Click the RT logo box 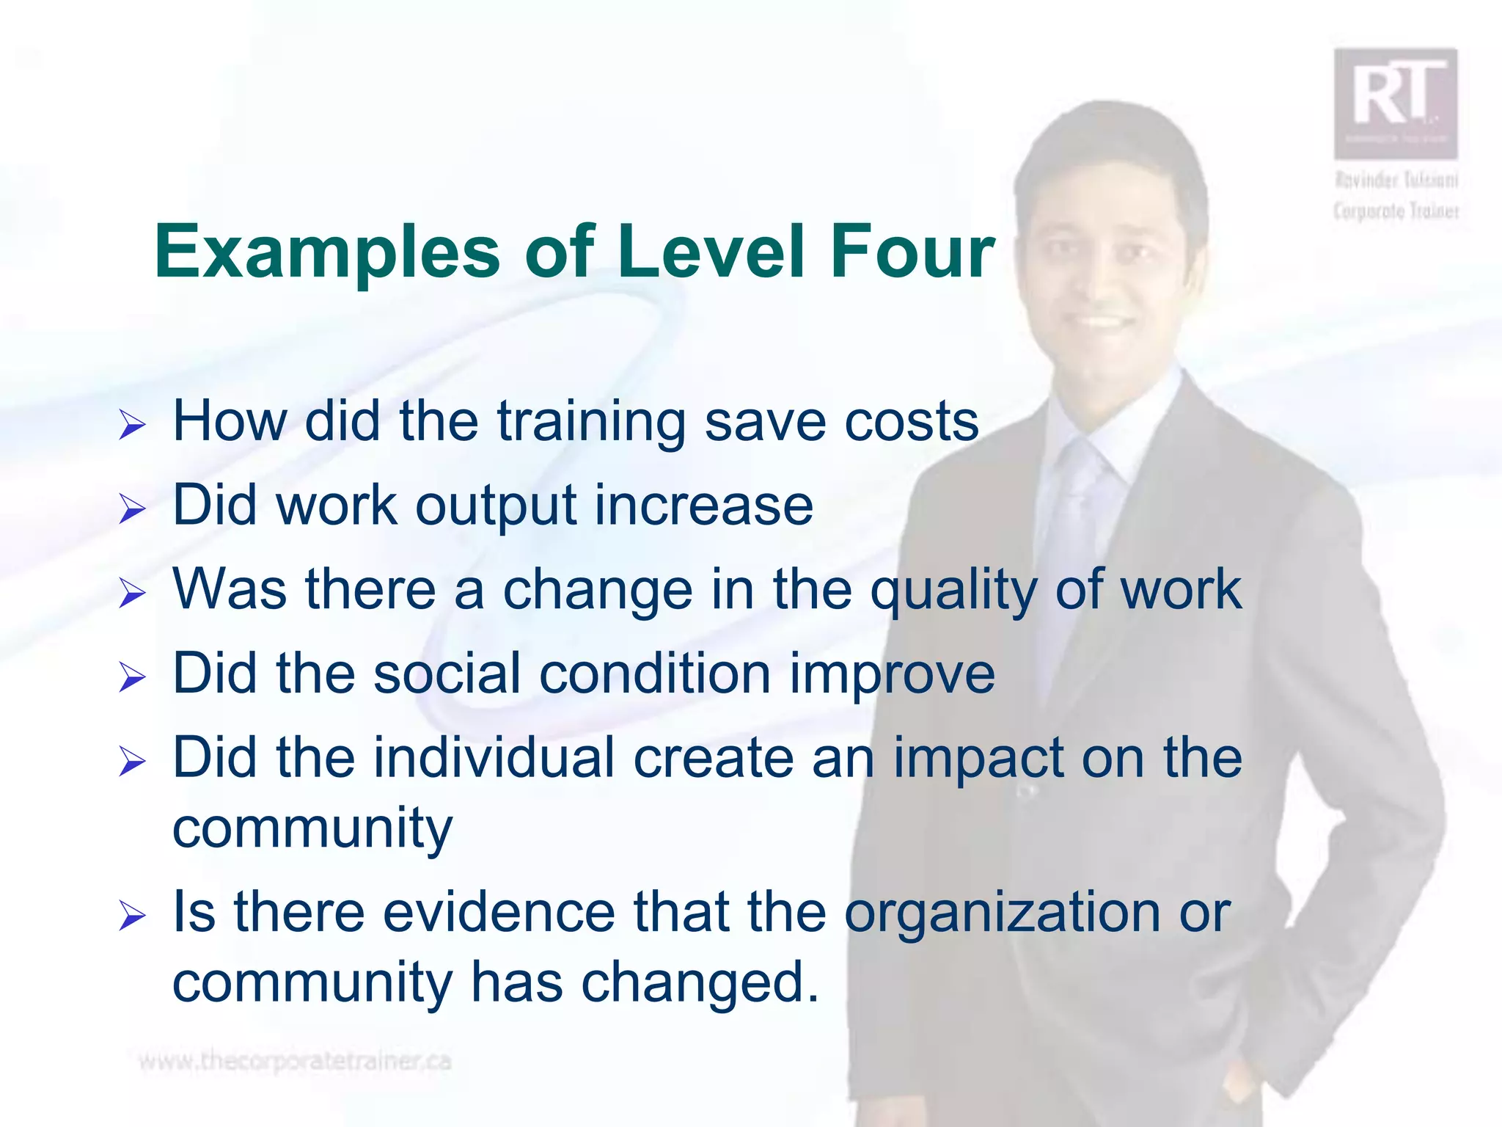pos(1395,103)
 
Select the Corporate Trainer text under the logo pos(1396,211)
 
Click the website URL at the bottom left pos(295,1062)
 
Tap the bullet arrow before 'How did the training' pos(132,426)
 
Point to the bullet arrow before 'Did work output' pos(132,508)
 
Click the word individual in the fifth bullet pos(494,758)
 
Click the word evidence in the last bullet pos(499,912)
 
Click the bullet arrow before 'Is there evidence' pos(132,916)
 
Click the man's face pos(1100,264)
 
